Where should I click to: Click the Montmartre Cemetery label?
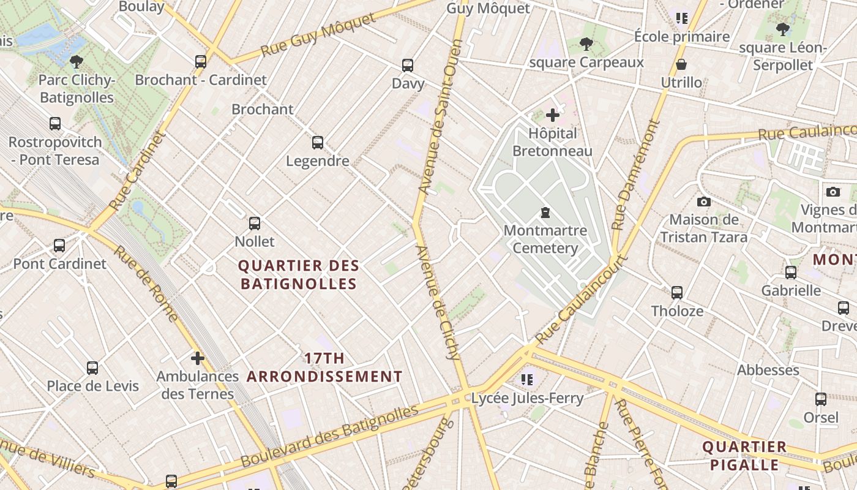(x=545, y=239)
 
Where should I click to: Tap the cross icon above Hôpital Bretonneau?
(x=553, y=115)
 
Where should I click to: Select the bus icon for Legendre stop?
(x=317, y=143)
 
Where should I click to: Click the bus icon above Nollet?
(x=255, y=224)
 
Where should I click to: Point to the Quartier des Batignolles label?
(x=299, y=275)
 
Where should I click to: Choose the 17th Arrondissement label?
(x=324, y=367)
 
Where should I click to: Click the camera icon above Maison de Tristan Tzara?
(x=704, y=202)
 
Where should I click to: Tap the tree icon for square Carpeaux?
(x=586, y=44)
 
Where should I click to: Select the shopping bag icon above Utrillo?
(x=681, y=64)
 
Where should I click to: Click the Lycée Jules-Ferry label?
(x=527, y=398)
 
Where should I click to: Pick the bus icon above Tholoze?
(x=677, y=293)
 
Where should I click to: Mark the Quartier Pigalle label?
(x=744, y=456)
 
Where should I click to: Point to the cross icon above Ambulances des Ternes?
(x=197, y=358)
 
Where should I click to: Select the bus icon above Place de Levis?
(x=92, y=368)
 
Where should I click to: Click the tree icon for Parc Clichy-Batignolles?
(x=77, y=61)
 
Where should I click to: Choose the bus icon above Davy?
(x=408, y=66)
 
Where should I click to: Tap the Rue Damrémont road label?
(x=637, y=175)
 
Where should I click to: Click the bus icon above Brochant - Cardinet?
(x=201, y=61)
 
